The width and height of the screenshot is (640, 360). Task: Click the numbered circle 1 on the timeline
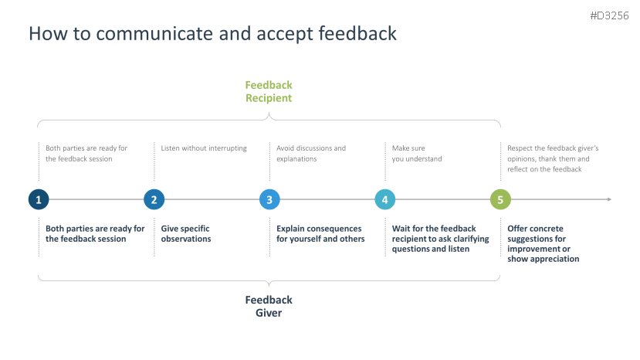[x=39, y=199]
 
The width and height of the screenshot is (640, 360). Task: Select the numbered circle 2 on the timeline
[x=154, y=199]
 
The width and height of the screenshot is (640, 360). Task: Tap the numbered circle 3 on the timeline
[x=269, y=199]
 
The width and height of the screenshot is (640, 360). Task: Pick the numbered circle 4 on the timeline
[x=384, y=199]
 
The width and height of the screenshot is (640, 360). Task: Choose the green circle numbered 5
[x=500, y=199]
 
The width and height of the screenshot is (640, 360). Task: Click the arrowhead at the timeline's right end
[x=608, y=199]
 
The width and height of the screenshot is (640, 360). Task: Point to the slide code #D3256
[x=610, y=15]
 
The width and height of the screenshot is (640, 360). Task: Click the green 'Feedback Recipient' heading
[x=269, y=91]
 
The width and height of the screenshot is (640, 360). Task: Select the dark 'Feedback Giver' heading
[x=269, y=306]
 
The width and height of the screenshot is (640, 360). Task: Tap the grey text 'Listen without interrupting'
[x=204, y=148]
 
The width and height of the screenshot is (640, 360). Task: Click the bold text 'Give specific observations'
[x=186, y=233]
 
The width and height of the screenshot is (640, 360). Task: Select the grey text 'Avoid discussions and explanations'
[x=311, y=153]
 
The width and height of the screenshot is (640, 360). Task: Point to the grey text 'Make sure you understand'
[x=417, y=153]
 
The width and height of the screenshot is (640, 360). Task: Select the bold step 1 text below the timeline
[x=95, y=233]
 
